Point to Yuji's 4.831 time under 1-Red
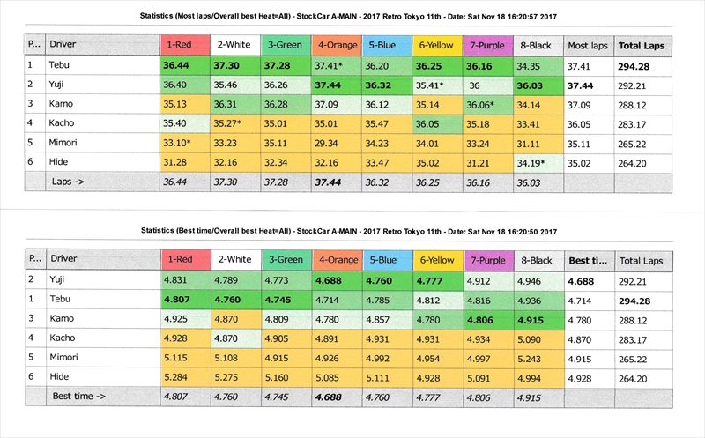point(182,280)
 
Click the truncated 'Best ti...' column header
point(589,260)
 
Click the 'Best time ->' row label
point(79,397)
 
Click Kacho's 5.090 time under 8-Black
point(537,339)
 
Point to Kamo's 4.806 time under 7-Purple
point(486,320)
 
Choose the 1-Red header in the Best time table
point(182,260)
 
